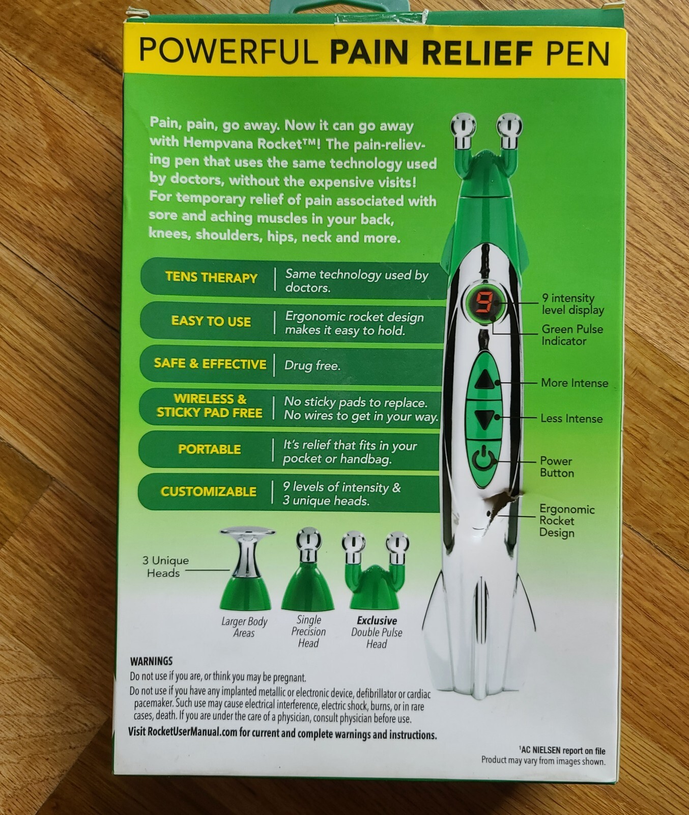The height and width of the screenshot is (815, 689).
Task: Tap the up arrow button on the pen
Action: (x=483, y=379)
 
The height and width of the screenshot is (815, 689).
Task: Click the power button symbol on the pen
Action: (x=482, y=460)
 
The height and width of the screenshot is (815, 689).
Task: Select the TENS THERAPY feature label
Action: (x=211, y=278)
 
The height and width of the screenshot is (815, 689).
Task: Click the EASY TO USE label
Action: (x=211, y=321)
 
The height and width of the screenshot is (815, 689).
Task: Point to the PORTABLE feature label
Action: (x=210, y=449)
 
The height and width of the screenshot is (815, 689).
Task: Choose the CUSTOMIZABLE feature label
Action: (x=209, y=492)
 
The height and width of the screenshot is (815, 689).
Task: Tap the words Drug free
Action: (x=312, y=366)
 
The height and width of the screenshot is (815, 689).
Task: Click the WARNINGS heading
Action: (x=151, y=661)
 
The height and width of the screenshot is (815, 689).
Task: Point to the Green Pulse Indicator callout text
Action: (x=572, y=335)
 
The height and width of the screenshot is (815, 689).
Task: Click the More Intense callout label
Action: (x=575, y=383)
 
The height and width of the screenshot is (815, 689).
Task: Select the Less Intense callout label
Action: (x=571, y=419)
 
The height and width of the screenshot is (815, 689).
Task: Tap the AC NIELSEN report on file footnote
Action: (x=563, y=751)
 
